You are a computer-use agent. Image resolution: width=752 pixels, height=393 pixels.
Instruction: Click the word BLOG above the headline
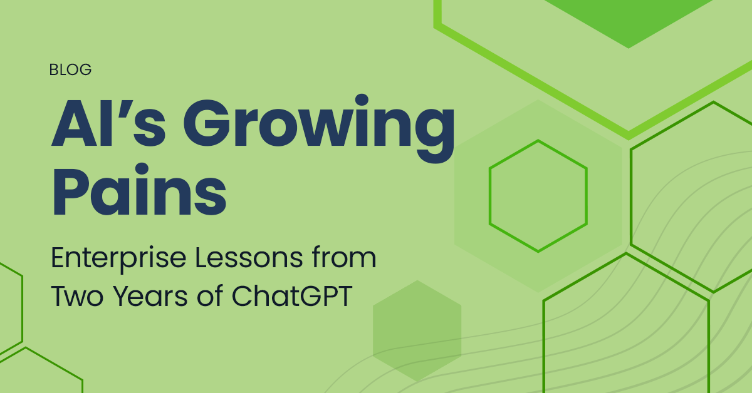tap(70, 69)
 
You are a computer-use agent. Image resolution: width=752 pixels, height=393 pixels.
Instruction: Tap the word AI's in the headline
tap(108, 123)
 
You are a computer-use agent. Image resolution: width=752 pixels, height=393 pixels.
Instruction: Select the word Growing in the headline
tap(319, 128)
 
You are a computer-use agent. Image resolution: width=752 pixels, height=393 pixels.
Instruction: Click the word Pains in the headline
tap(139, 189)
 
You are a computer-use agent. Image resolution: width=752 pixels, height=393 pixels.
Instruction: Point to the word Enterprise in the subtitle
tap(118, 259)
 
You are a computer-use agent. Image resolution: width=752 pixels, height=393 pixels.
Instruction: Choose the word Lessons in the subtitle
tap(249, 258)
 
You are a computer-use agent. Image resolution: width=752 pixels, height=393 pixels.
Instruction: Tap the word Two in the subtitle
tap(77, 297)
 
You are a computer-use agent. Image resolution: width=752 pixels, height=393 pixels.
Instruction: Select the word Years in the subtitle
tap(150, 297)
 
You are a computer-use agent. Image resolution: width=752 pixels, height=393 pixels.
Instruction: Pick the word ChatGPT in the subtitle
tap(292, 296)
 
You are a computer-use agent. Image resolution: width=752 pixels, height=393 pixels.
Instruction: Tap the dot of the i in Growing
tap(362, 100)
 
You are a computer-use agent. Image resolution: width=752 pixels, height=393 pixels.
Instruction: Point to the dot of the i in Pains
tap(142, 169)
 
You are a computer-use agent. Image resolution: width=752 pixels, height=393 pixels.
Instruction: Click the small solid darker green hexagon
tap(417, 331)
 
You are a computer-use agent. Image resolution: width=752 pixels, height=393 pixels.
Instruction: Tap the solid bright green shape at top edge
tap(629, 20)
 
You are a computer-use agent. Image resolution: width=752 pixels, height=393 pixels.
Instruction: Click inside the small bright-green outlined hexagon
tap(538, 196)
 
